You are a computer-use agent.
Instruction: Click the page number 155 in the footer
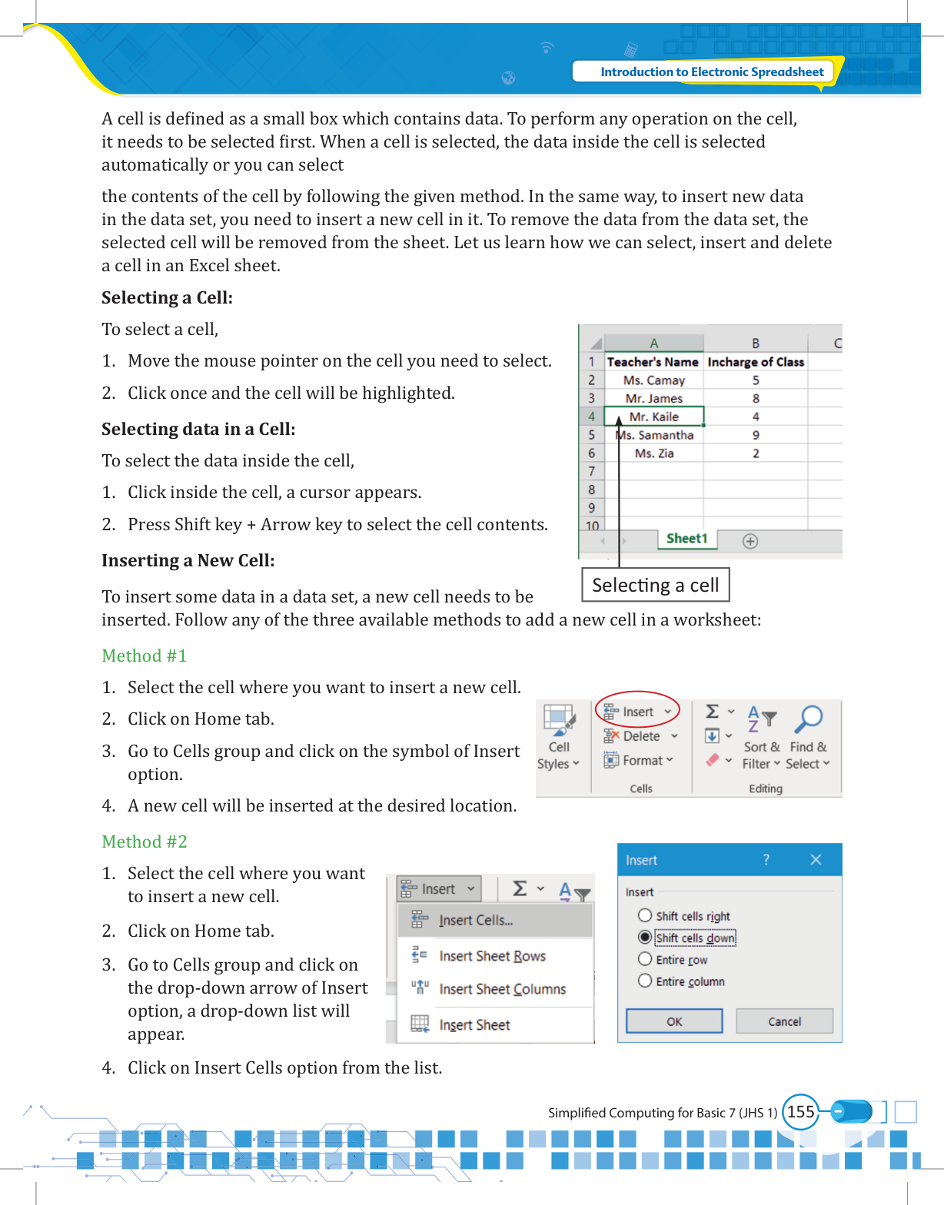coord(800,1112)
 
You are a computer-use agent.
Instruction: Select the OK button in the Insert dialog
coord(674,1021)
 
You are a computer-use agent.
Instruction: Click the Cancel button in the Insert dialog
coord(784,1021)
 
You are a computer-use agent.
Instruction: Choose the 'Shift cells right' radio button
coord(645,915)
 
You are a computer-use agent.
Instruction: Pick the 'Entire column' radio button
coord(645,981)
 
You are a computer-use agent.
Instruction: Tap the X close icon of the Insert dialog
coord(816,860)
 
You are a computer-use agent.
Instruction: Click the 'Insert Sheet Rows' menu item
coord(492,956)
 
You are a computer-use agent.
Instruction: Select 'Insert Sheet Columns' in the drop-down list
coord(502,989)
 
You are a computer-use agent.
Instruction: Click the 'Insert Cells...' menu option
coord(476,921)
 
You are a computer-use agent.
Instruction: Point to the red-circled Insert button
coord(637,712)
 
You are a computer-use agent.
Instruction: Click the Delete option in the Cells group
coord(641,736)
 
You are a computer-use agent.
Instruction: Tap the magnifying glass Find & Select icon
coord(809,719)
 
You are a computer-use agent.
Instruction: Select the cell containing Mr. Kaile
coord(653,417)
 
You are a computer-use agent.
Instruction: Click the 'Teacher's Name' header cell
coord(653,362)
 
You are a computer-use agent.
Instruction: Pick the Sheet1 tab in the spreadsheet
coord(686,539)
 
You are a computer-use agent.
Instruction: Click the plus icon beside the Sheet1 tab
coord(750,541)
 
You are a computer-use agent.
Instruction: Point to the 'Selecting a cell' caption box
coord(655,586)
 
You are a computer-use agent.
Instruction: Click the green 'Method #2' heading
coord(145,842)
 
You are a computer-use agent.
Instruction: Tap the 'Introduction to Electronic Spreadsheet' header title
coord(712,71)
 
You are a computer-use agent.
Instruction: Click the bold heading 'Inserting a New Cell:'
coord(188,560)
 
